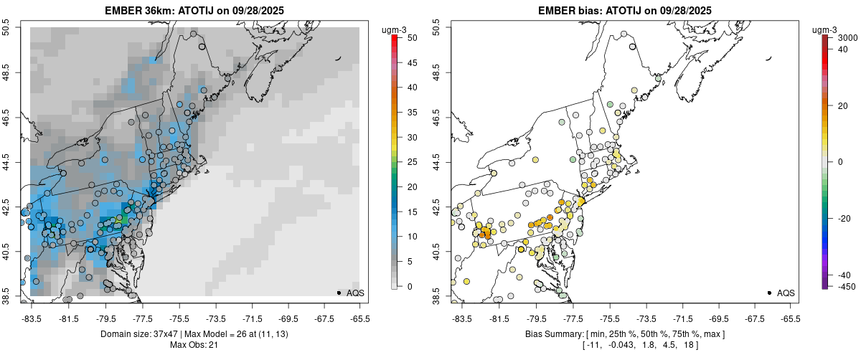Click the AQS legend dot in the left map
point(339,293)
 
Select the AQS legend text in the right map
point(786,293)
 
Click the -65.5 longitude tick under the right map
point(790,318)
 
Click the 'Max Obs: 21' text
point(194,345)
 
